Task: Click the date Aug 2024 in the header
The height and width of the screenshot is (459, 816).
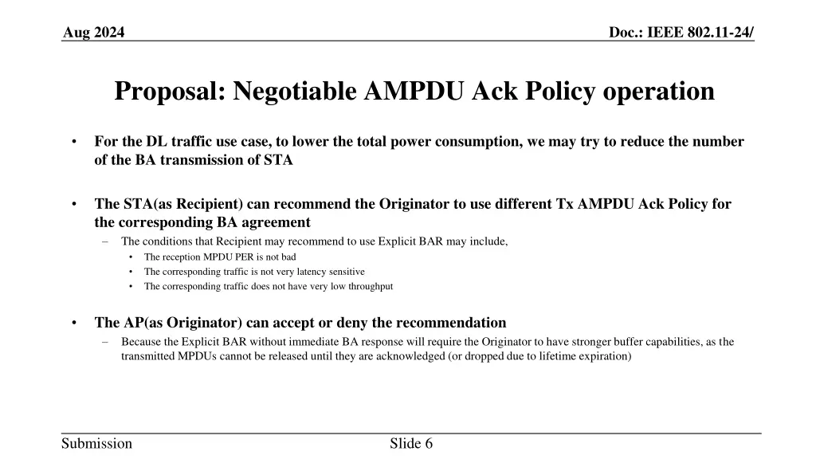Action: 93,32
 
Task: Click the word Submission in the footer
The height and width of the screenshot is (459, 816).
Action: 97,444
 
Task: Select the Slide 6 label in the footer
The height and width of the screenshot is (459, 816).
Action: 411,444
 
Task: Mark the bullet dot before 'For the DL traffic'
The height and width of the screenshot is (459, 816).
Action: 73,143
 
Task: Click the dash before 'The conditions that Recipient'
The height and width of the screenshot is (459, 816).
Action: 106,241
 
